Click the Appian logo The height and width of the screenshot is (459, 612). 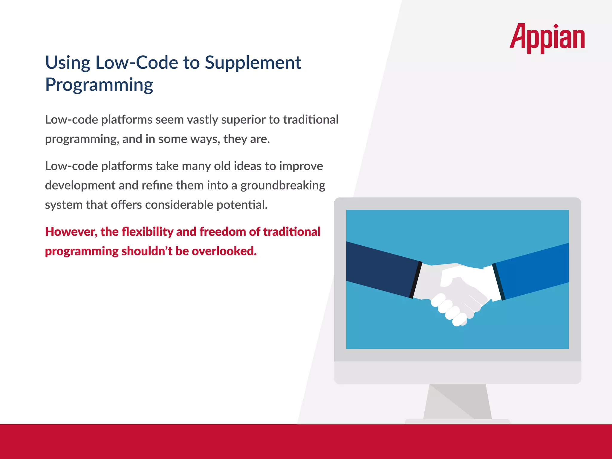[x=547, y=38]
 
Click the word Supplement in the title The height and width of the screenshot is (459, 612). [x=253, y=63]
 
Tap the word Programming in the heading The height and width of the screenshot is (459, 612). [x=99, y=85]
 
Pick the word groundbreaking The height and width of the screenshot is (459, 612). [x=283, y=186]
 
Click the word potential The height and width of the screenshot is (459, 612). [x=242, y=205]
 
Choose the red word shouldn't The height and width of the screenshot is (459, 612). [x=147, y=251]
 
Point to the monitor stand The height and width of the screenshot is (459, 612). [x=457, y=402]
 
